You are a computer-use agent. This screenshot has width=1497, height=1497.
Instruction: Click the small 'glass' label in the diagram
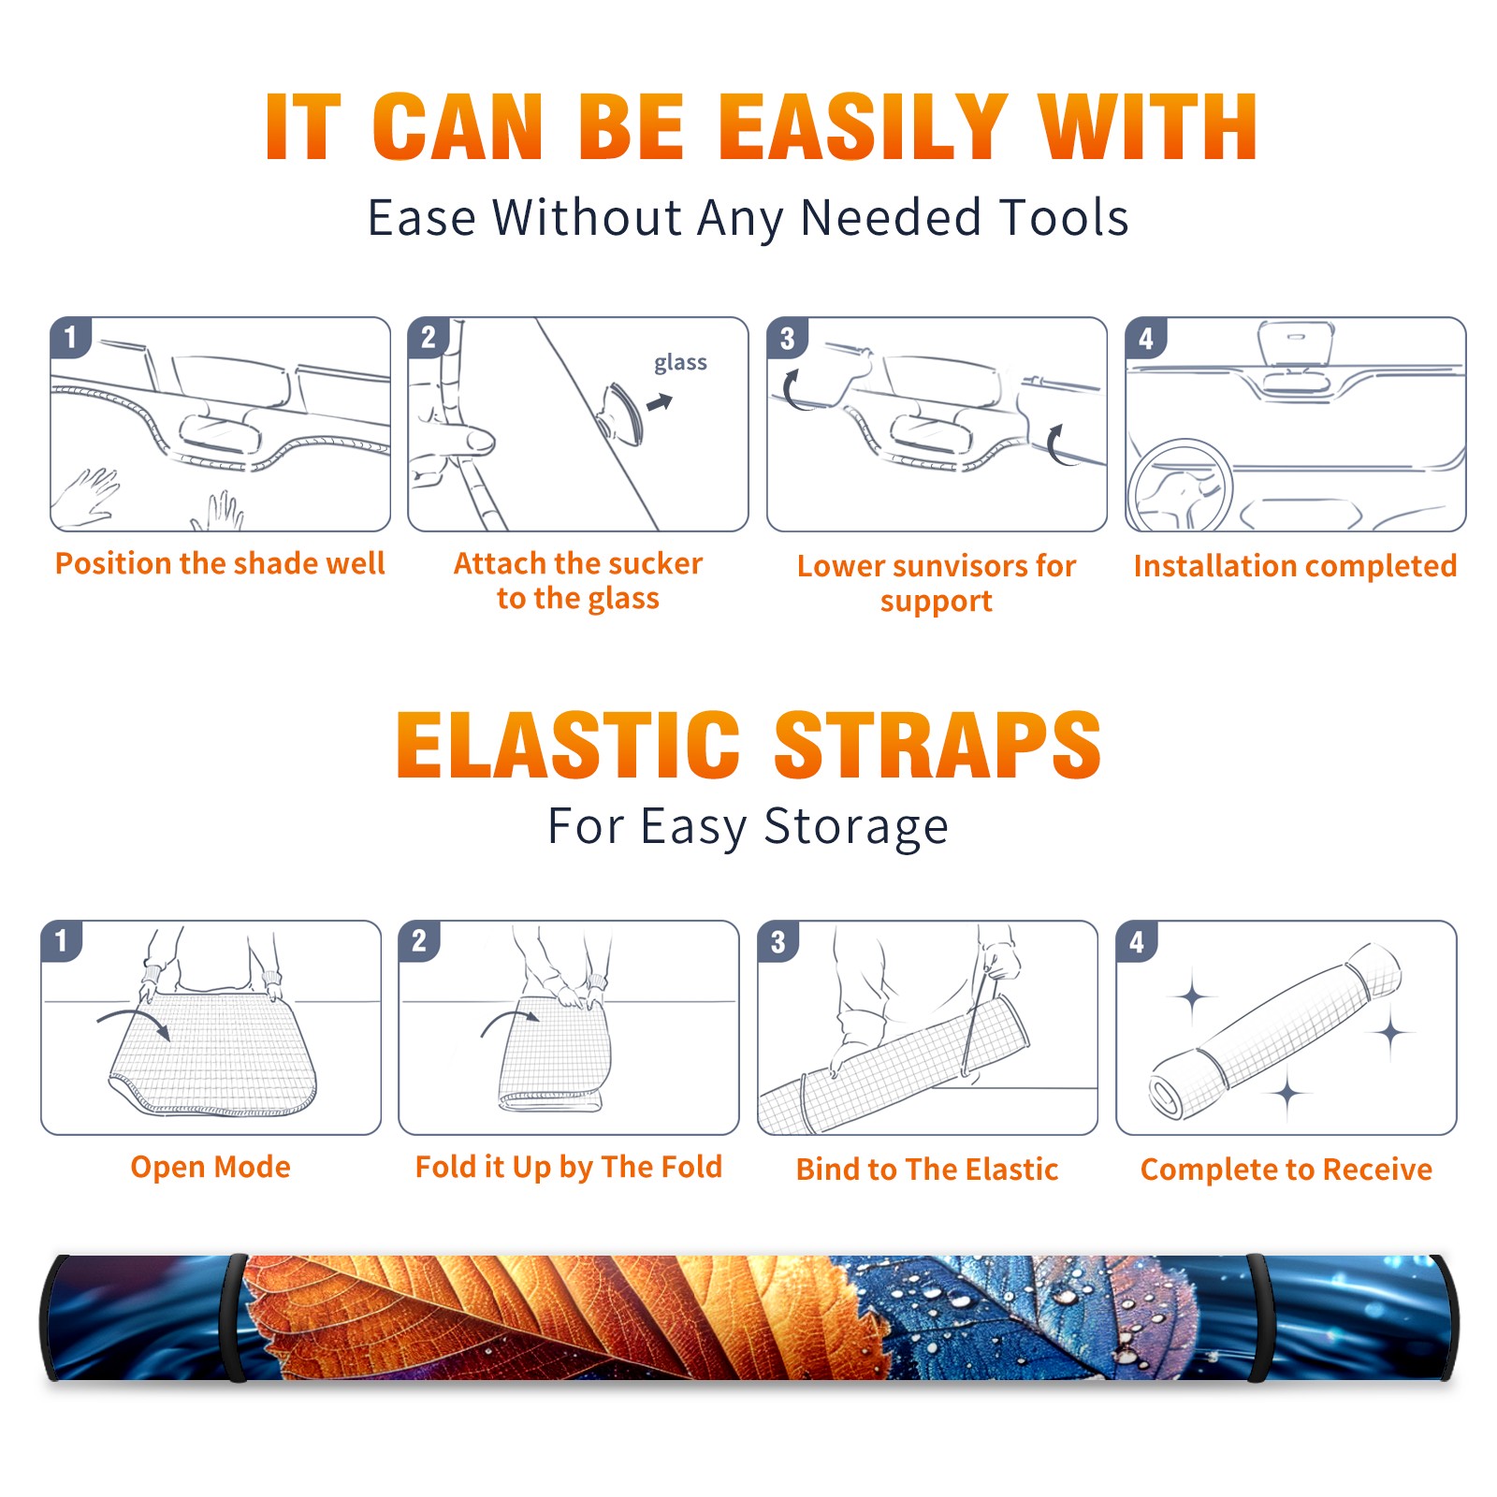[680, 363]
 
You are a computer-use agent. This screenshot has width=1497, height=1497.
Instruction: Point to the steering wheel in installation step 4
[1179, 486]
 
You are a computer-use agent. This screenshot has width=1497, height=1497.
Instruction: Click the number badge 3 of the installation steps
[787, 338]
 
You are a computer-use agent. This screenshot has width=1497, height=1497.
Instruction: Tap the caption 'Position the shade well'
[220, 563]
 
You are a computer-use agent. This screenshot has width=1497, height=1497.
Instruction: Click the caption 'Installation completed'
[1295, 565]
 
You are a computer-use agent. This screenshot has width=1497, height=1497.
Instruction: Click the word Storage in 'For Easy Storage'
[856, 827]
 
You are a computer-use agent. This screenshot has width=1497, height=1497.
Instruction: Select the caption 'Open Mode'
[211, 1167]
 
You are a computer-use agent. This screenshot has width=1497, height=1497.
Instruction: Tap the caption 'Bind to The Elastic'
[927, 1170]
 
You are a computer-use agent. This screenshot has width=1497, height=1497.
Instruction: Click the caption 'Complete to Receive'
[1286, 1170]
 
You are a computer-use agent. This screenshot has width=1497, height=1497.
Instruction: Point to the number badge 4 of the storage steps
[1137, 941]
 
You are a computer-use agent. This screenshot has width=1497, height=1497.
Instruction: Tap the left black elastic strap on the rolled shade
[234, 1317]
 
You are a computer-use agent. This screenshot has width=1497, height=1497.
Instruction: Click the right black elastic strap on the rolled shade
[1258, 1317]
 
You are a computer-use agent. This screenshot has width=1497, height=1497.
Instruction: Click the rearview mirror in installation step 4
[1295, 343]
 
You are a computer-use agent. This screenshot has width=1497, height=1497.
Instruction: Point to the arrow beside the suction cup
[661, 402]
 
